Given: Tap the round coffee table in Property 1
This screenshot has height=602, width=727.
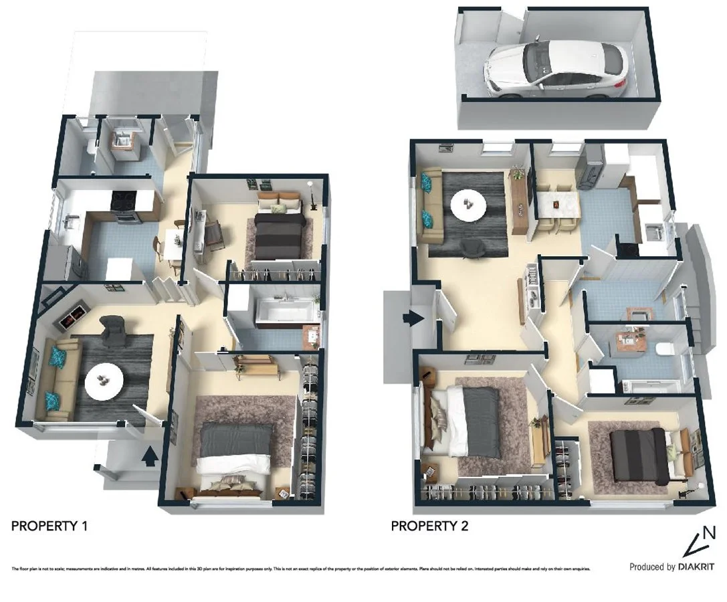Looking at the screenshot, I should point(104,382).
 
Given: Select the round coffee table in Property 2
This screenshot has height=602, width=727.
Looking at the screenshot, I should point(468,205).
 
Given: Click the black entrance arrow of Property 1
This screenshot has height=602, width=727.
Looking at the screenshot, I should point(150,457).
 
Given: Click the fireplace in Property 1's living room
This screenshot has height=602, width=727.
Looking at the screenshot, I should point(75,314).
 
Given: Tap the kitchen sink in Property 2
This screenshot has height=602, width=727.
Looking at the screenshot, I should point(655,232).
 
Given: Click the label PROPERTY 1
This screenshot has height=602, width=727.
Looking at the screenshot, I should point(49,526).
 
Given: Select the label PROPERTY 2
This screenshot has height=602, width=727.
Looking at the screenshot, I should point(429,526).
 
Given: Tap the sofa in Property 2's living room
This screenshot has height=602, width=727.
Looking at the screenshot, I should point(429,203).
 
